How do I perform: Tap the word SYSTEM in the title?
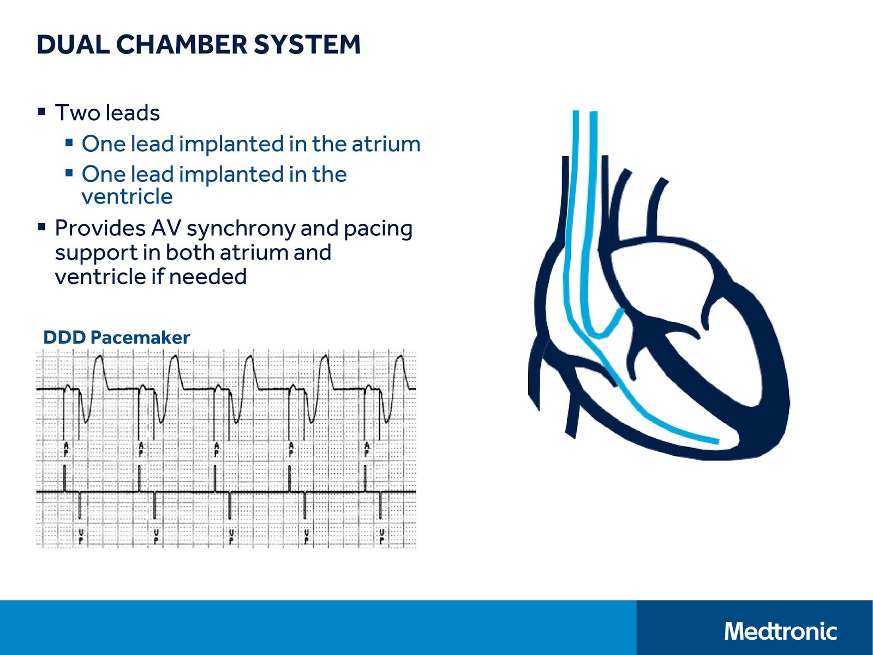[x=307, y=45]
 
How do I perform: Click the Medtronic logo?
[x=780, y=632]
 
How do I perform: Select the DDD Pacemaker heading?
[x=116, y=337]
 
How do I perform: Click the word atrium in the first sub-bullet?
[x=386, y=144]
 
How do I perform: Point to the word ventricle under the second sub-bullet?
[x=127, y=196]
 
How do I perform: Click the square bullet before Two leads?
[x=41, y=112]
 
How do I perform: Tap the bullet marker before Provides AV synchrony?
[x=41, y=227]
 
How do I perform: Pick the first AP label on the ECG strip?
[x=66, y=449]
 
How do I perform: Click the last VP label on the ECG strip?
[x=381, y=536]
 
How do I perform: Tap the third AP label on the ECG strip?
[x=217, y=449]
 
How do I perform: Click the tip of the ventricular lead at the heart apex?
[x=716, y=441]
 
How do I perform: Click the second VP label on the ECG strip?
[x=156, y=536]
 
